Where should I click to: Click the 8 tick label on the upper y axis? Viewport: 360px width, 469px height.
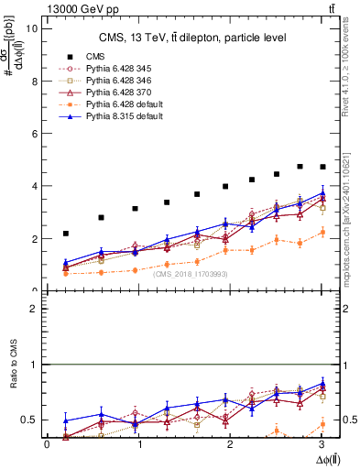[x=34, y=81]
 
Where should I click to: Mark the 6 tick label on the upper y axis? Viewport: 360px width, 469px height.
[x=34, y=134]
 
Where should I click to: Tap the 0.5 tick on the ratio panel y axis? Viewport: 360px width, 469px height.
[x=29, y=420]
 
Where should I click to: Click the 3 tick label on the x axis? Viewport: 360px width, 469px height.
[x=323, y=445]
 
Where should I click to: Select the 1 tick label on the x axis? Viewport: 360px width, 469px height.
[x=139, y=445]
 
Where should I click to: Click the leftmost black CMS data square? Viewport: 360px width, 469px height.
[x=65, y=234]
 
